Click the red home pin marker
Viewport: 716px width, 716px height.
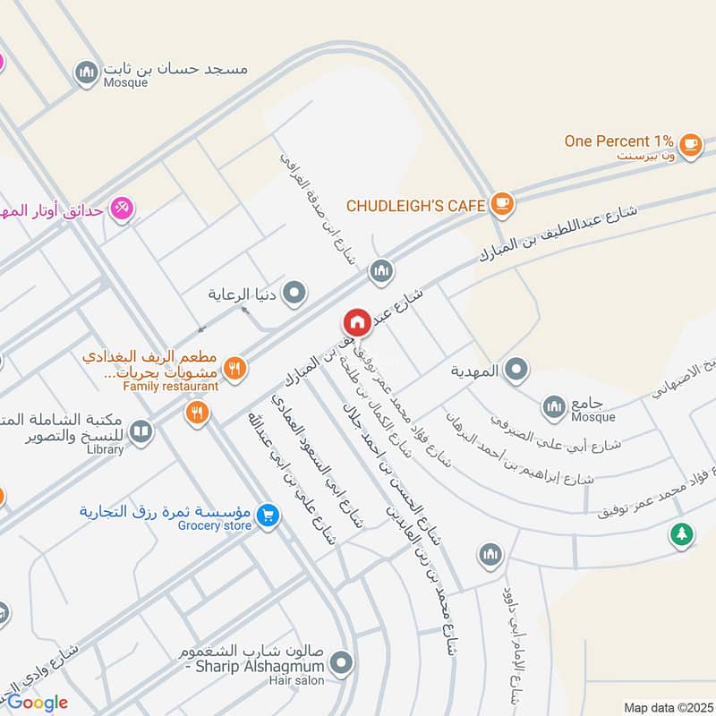coord(356,323)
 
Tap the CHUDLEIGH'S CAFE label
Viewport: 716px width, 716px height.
coord(416,206)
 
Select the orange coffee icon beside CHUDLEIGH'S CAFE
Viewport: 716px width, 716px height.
coord(502,205)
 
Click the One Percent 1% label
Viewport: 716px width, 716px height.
coord(618,141)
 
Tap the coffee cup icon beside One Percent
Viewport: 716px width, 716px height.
coord(690,144)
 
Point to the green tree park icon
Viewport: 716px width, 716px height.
coord(682,534)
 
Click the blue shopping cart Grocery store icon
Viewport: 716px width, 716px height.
coord(267,516)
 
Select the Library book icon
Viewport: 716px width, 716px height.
coord(141,434)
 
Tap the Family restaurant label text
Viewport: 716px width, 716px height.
coord(171,386)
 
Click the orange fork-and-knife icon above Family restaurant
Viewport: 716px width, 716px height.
coord(234,367)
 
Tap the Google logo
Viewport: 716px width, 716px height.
coord(38,703)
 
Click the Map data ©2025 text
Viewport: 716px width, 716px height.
coord(668,707)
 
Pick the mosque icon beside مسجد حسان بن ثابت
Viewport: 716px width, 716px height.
coord(86,72)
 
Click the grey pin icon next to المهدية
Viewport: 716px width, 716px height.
coord(516,370)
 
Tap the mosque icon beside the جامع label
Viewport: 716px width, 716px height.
coord(554,407)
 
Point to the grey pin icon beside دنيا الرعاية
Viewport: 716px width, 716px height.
coord(294,293)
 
